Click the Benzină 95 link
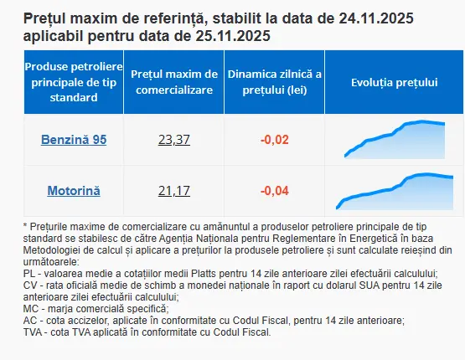[74, 140]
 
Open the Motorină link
[74, 191]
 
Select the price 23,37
[174, 140]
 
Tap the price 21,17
[174, 191]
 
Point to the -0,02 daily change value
[275, 140]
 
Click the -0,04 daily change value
[275, 191]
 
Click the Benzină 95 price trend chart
[395, 139]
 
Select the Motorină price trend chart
[395, 191]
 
